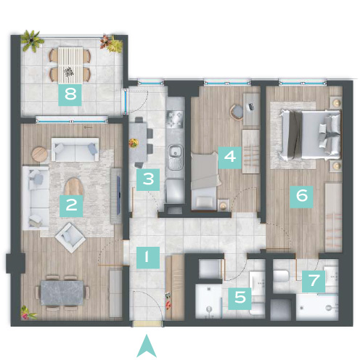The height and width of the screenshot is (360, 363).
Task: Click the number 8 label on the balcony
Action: point(70,94)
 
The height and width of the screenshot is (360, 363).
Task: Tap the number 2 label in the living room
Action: point(71,206)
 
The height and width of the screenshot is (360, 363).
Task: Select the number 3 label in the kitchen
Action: point(148,179)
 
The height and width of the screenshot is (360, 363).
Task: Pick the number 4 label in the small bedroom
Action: point(229,157)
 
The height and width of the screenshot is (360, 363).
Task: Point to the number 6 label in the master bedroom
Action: point(301,197)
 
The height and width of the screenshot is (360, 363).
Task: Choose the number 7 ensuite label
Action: point(314,282)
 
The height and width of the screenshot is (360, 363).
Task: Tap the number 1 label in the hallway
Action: point(148,258)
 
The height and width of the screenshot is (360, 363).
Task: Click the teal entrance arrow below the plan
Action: point(147,346)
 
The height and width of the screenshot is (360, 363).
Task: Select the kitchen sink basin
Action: point(174,152)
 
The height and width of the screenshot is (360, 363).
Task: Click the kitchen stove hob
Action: point(174,119)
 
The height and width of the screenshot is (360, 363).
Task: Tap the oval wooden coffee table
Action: point(73,187)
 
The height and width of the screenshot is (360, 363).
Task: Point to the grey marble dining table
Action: point(62,292)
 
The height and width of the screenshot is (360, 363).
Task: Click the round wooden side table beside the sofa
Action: point(40,154)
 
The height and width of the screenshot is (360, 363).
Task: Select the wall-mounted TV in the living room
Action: point(118,195)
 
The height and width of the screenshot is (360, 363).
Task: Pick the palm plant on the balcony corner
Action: point(30,40)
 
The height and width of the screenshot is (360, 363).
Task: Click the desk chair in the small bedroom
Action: point(237,112)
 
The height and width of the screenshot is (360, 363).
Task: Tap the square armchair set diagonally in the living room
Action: point(70,238)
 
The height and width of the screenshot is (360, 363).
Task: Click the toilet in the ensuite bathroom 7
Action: point(281,276)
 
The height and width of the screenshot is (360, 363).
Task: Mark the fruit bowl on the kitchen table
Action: point(134,143)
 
